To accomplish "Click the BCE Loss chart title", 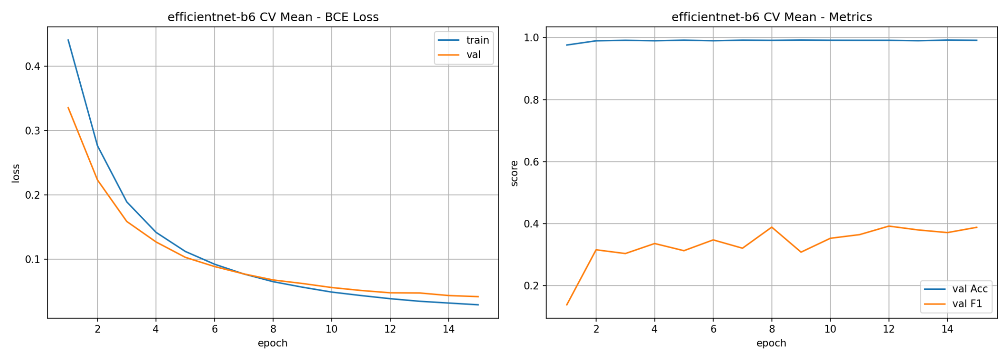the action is [x=273, y=17].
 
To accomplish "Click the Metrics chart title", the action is [x=772, y=17].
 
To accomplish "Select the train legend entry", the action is [x=463, y=40].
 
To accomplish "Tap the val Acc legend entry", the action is [x=956, y=289].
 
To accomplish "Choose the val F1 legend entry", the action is [x=953, y=304].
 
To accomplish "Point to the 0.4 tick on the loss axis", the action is [x=33, y=67].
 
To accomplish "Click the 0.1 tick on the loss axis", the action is [x=33, y=259].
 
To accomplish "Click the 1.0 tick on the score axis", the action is [x=532, y=38].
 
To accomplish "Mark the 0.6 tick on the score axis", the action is [x=532, y=162].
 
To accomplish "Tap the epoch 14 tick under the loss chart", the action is [x=448, y=329].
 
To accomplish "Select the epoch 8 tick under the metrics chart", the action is [x=772, y=329].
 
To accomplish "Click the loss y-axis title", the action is [x=16, y=173].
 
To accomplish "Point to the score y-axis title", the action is [x=514, y=173].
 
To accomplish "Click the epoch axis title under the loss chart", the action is [x=273, y=343].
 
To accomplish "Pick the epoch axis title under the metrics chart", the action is [x=772, y=343].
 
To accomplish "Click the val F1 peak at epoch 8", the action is [x=772, y=227].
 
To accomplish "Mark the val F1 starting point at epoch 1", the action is [x=567, y=305].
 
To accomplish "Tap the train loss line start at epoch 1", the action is [x=68, y=40].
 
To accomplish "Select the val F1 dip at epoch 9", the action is [x=801, y=252].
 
